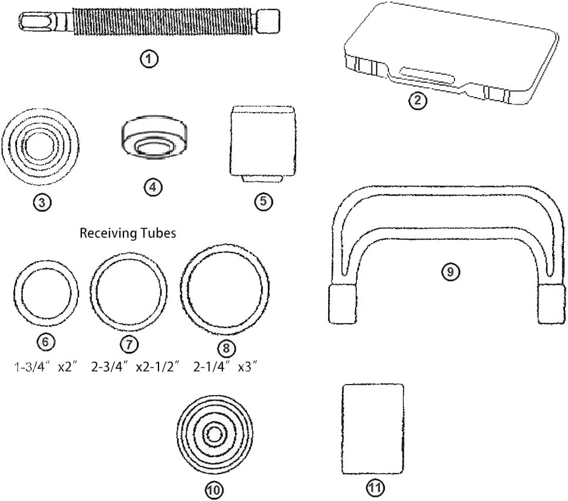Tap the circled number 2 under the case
417,101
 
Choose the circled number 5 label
263,201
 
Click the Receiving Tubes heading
128,233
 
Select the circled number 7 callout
129,341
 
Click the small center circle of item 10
215,433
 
